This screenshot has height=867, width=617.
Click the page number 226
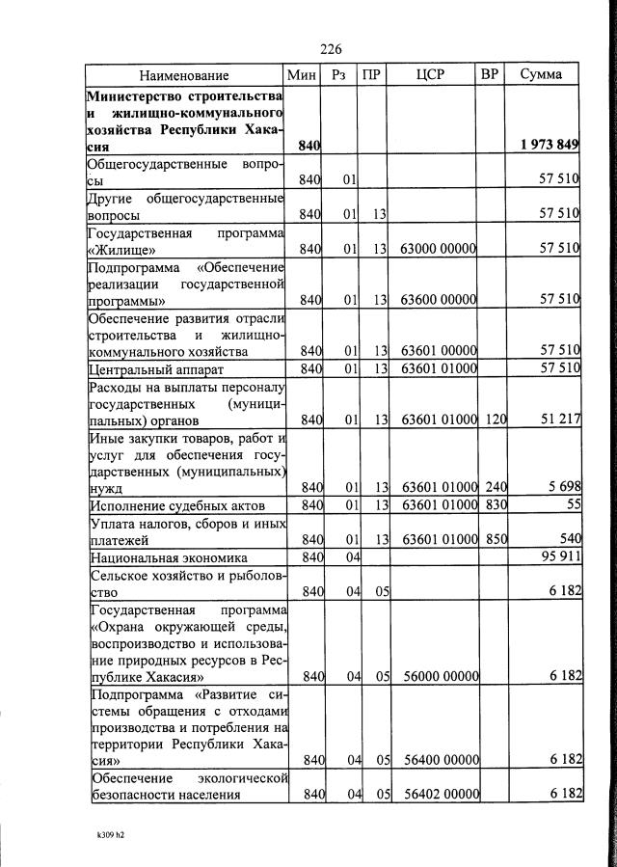pyautogui.click(x=331, y=49)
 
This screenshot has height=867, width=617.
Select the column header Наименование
pyautogui.click(x=184, y=75)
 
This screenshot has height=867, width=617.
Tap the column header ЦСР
pyautogui.click(x=432, y=74)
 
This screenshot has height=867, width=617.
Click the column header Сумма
pyautogui.click(x=542, y=74)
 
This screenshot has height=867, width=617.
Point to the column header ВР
pyautogui.click(x=490, y=74)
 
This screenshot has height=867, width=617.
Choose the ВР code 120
pyautogui.click(x=496, y=420)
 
